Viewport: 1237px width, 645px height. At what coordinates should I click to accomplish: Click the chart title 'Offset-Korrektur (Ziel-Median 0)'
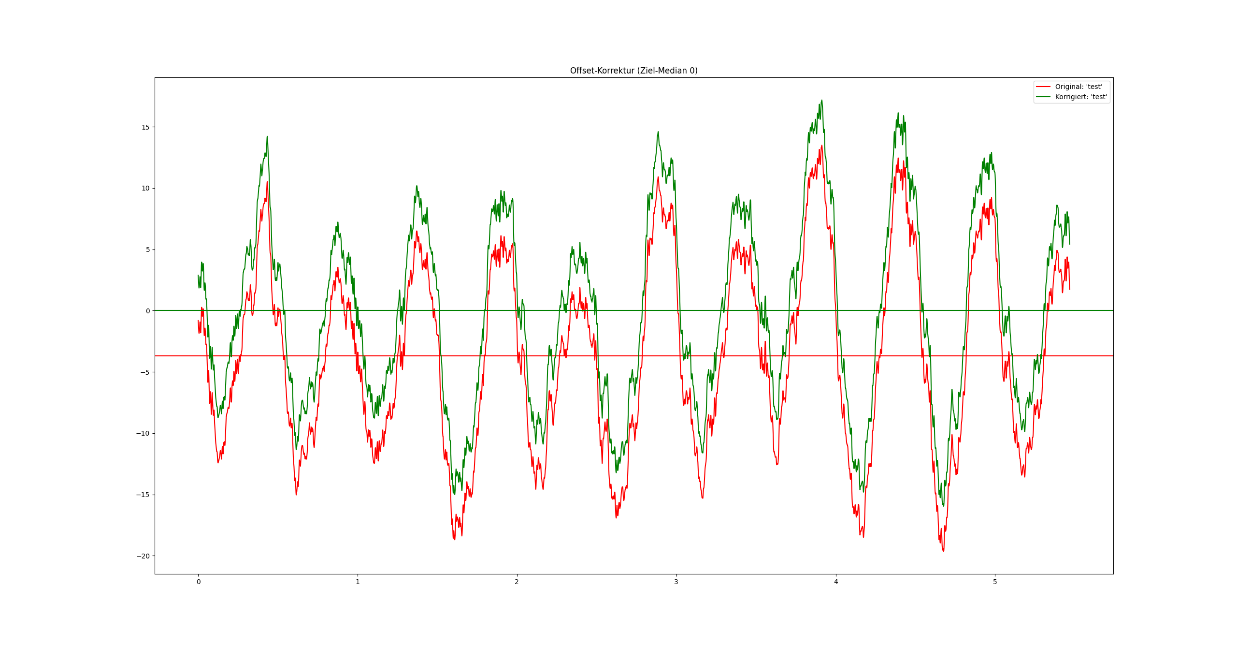[x=633, y=71]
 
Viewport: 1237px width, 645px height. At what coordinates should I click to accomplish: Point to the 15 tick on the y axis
[x=145, y=127]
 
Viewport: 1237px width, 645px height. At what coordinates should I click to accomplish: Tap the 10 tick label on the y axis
[x=145, y=189]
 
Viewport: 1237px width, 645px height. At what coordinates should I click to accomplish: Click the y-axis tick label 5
[x=147, y=249]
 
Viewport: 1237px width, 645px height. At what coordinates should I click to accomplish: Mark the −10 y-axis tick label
[x=143, y=434]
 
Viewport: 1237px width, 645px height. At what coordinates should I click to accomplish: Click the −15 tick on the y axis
[x=143, y=495]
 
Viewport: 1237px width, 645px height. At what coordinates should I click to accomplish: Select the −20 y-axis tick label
[x=143, y=556]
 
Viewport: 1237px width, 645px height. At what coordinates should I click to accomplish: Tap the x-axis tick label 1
[x=358, y=582]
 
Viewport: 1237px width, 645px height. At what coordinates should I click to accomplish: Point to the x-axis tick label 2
[x=517, y=582]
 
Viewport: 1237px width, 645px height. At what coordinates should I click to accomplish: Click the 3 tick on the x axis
[x=676, y=582]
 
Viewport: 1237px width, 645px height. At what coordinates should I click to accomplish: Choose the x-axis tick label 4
[x=835, y=582]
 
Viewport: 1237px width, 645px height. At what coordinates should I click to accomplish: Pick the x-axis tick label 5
[x=995, y=582]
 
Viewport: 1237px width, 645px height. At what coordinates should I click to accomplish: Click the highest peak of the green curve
[x=821, y=101]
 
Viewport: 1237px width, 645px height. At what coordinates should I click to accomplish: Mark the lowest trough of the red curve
[x=943, y=551]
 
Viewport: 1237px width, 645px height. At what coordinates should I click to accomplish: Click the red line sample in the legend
[x=1043, y=87]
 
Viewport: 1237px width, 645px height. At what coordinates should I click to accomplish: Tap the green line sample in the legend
[x=1043, y=97]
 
